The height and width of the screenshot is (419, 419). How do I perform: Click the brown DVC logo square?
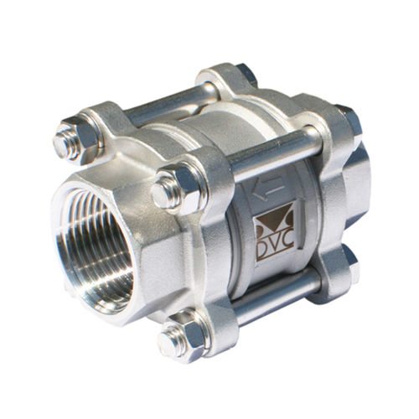click(275, 230)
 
